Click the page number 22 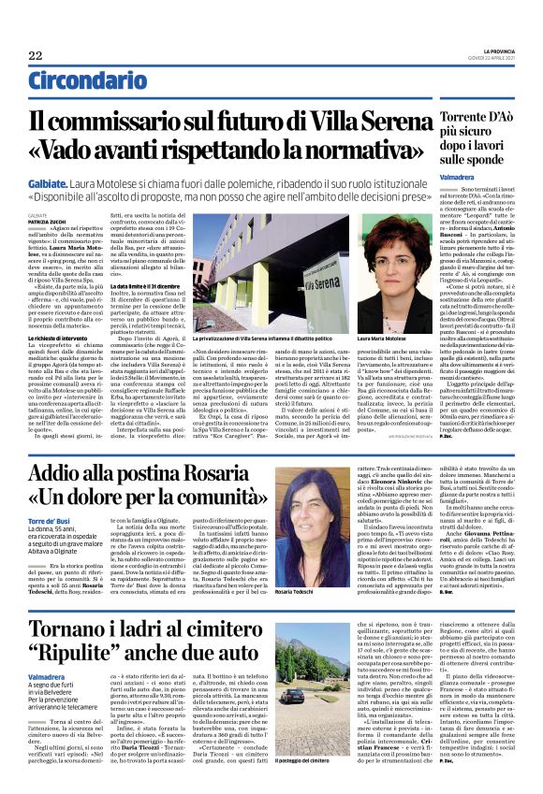coord(36,56)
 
